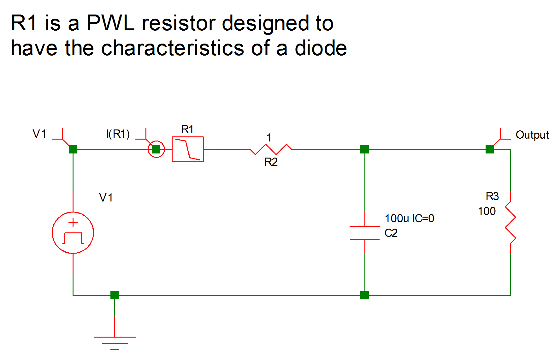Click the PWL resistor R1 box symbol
[187, 149]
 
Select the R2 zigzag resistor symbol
[271, 149]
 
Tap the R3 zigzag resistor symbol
[510, 223]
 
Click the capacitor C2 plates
[365, 233]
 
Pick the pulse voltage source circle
[73, 233]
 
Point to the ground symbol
[115, 343]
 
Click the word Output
[532, 135]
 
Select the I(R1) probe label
[118, 134]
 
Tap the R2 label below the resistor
[271, 162]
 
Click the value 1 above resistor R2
[269, 138]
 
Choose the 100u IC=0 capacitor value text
[409, 218]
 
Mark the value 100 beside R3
[487, 211]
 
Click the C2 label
[391, 233]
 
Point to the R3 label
[492, 196]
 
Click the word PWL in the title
[110, 23]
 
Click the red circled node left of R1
[156, 149]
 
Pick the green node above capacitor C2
[364, 149]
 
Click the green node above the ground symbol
[115, 295]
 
